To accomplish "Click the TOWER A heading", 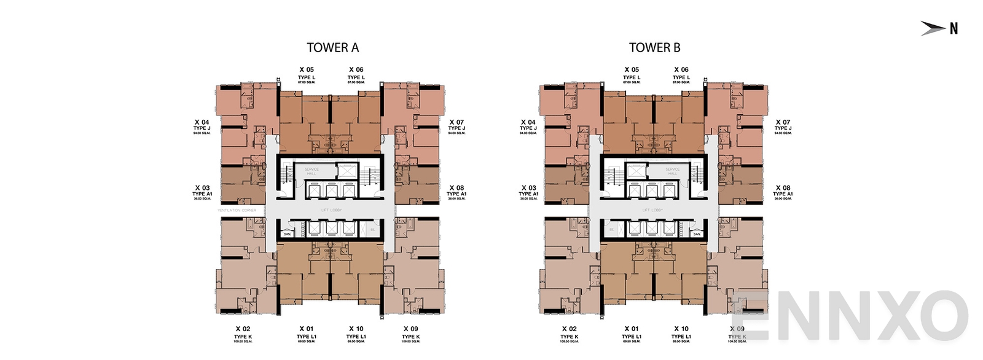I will point(332,48).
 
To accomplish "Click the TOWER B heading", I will point(654,48).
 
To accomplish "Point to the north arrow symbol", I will point(932,28).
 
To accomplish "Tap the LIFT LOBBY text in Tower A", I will point(331,210).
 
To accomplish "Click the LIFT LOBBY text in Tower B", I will point(652,210).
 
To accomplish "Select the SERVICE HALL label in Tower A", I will point(311,171).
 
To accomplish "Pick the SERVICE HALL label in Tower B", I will point(673,171).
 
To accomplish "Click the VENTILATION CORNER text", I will point(237,210).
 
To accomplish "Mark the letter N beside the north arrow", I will point(954,28).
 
